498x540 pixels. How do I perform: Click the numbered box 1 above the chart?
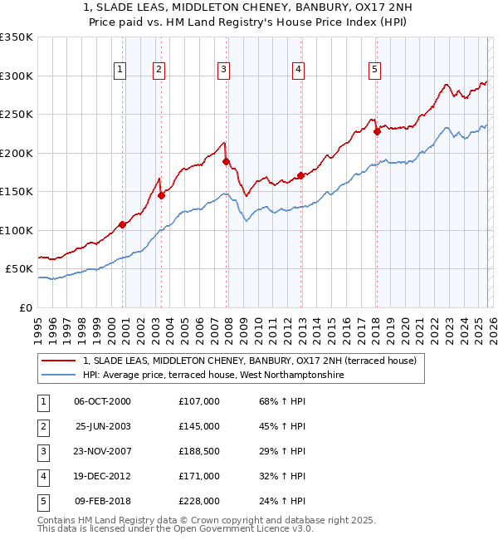tap(121, 70)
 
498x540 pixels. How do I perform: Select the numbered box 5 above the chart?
tap(375, 70)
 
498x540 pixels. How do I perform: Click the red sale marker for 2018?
tap(377, 131)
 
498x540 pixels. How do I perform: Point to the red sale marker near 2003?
tap(161, 196)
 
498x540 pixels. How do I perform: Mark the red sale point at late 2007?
tap(226, 162)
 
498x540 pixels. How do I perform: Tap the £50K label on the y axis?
tap(19, 269)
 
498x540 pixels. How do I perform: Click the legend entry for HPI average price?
tap(212, 375)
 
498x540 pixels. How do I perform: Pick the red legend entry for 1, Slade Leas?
tap(254, 360)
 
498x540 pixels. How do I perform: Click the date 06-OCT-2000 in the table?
tap(102, 401)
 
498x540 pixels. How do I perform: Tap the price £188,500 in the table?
tap(198, 451)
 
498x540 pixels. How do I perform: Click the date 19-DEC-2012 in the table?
tap(102, 476)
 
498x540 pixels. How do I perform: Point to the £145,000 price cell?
tap(198, 426)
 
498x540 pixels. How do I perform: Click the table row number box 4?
tap(42, 476)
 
